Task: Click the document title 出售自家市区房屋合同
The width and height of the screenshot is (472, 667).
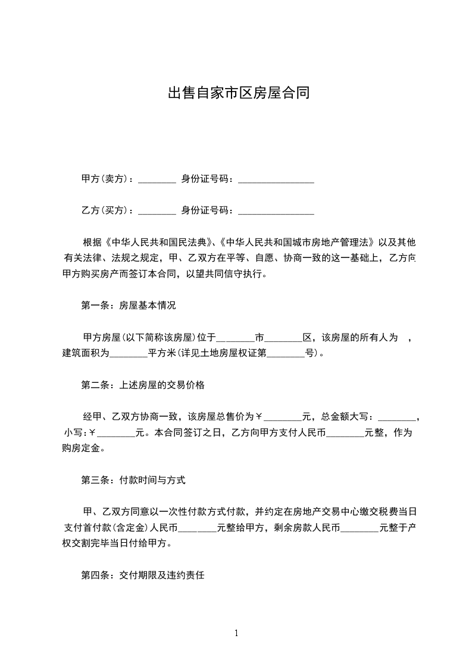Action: pyautogui.click(x=237, y=93)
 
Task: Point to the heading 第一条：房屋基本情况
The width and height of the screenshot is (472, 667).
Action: pyautogui.click(x=128, y=306)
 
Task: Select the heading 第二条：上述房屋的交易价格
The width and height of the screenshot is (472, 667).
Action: pyautogui.click(x=143, y=385)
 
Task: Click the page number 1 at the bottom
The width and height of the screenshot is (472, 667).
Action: pyautogui.click(x=236, y=633)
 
